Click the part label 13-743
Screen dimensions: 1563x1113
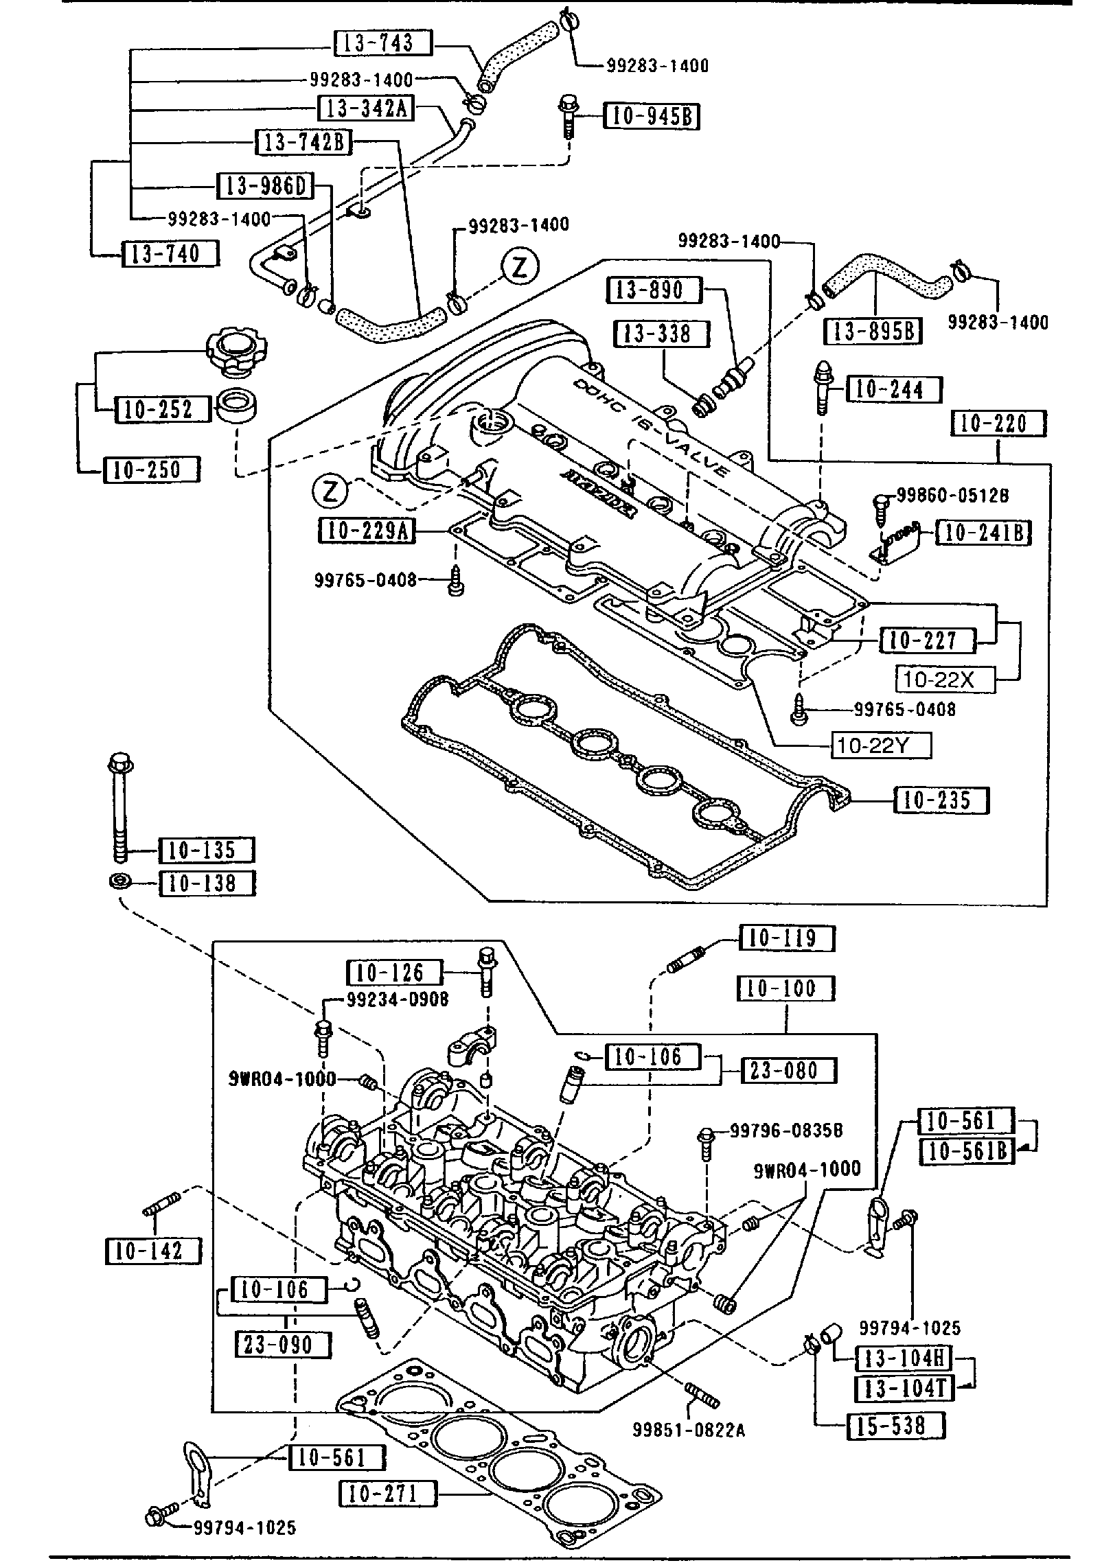383,43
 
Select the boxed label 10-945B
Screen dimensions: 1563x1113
651,117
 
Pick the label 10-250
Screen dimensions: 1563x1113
152,470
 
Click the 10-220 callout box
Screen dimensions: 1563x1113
998,424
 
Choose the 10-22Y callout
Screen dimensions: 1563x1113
882,745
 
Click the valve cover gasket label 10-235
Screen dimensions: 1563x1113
941,800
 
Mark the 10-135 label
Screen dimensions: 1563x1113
207,850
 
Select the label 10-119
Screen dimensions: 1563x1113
787,938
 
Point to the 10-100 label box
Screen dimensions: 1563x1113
785,989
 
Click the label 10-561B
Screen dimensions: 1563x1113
967,1152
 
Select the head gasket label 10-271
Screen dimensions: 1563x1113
388,1494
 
